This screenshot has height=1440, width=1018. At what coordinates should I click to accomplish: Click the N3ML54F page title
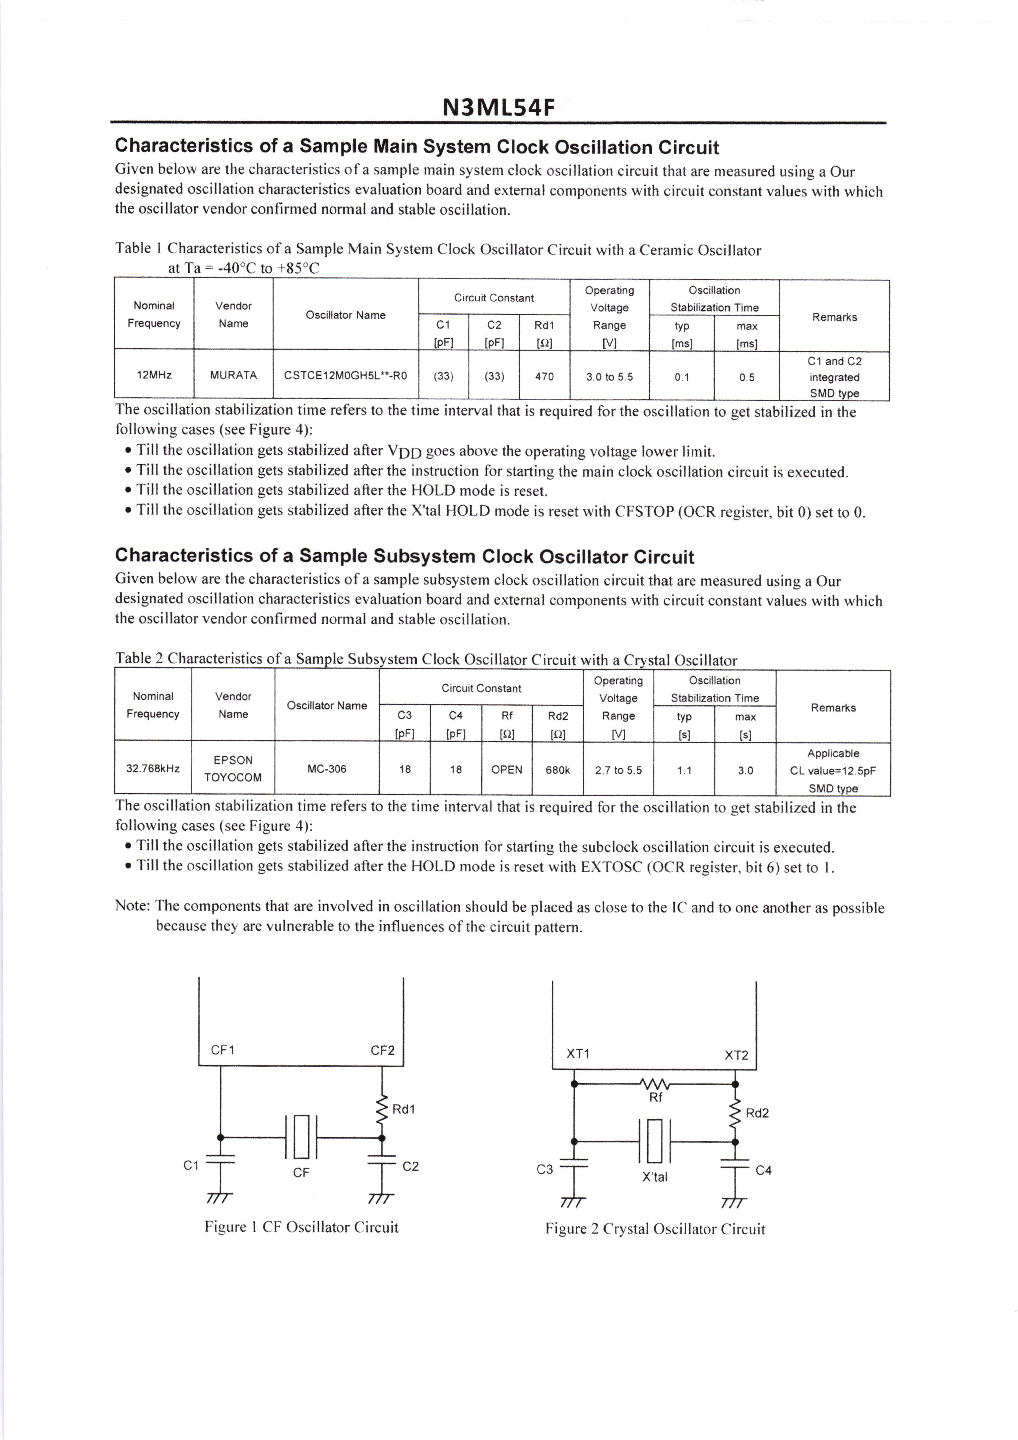[x=499, y=108]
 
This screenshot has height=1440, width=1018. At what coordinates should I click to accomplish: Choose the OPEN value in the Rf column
[x=507, y=770]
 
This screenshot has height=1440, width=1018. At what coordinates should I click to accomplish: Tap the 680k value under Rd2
[x=558, y=770]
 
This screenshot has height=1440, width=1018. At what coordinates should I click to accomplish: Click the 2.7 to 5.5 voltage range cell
[x=618, y=770]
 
